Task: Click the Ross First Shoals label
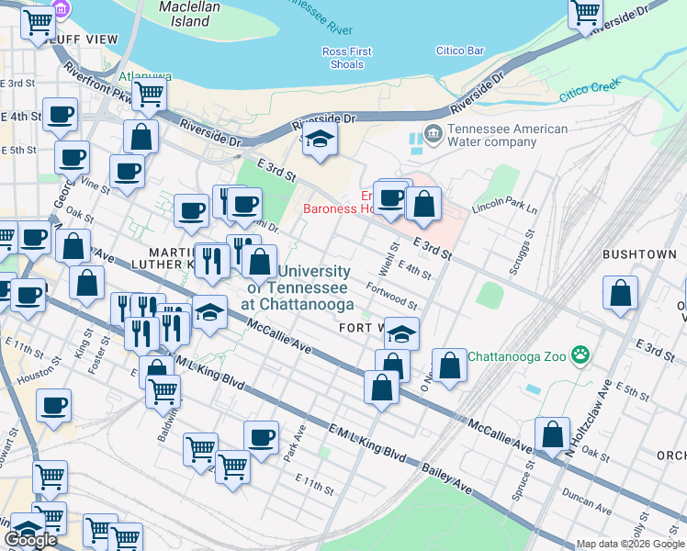(347, 58)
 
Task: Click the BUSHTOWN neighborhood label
(639, 253)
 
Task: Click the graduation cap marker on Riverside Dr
(320, 140)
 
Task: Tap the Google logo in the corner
(30, 540)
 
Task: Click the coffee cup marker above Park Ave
(261, 437)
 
